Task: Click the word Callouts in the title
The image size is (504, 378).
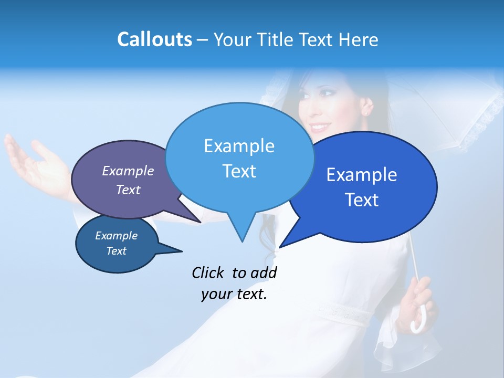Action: (x=154, y=40)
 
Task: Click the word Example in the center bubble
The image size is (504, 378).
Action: (x=239, y=145)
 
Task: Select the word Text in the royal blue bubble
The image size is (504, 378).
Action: (x=362, y=200)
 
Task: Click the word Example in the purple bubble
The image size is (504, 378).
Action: (x=128, y=171)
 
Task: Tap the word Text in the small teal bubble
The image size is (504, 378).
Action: (x=116, y=251)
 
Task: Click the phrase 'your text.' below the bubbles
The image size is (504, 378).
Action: (x=234, y=294)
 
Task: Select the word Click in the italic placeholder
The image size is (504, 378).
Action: (x=208, y=272)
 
